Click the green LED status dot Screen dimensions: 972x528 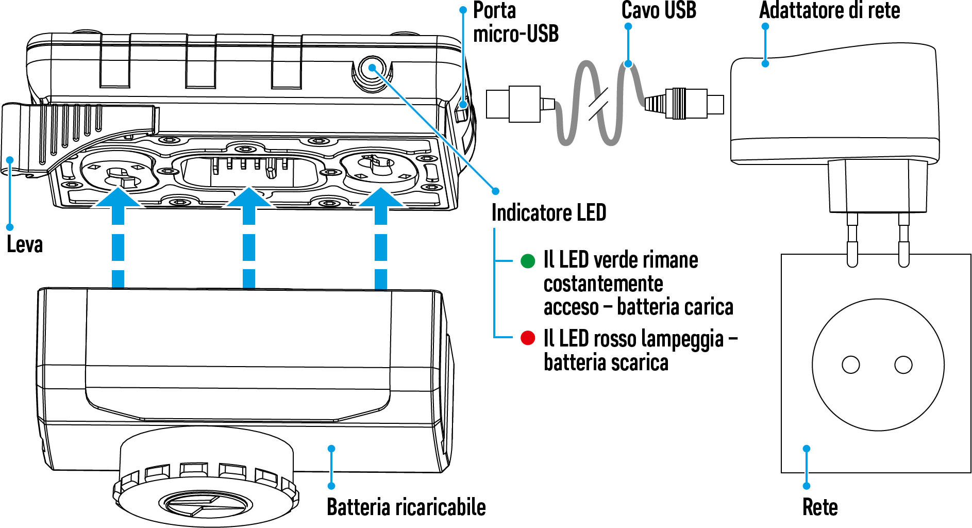pos(528,261)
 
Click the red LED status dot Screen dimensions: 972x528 pos(528,338)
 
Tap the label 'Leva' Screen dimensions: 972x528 pos(25,244)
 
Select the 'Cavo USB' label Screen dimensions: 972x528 pos(659,10)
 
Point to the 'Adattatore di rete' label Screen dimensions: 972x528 pos(830,10)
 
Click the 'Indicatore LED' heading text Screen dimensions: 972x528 pos(549,212)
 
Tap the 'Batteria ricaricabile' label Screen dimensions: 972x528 pos(406,507)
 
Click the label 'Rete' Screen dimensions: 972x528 pos(820,507)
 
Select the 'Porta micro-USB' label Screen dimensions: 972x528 pos(516,22)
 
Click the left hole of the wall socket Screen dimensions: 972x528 pos(851,365)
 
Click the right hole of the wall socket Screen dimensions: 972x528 pos(903,365)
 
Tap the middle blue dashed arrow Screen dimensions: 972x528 pos(249,238)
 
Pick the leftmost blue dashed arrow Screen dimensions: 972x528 pos(118,238)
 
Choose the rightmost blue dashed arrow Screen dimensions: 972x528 pos(381,238)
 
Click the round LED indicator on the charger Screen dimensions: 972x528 pos(372,69)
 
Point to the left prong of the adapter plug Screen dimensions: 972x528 pos(852,240)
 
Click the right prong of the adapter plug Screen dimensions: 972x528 pos(903,240)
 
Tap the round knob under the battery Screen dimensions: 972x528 pos(206,477)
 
